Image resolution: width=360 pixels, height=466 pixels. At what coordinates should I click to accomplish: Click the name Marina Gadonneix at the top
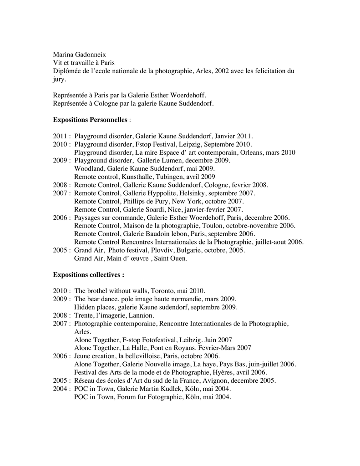click(x=79, y=54)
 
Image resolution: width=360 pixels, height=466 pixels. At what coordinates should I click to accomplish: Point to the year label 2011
click(x=61, y=136)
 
